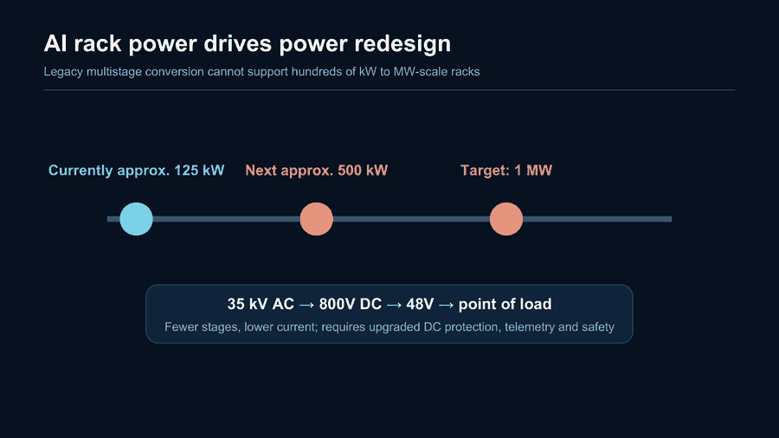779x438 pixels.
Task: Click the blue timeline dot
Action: coord(136,219)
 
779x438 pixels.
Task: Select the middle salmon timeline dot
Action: coord(317,219)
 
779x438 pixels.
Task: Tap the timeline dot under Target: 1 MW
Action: coord(506,219)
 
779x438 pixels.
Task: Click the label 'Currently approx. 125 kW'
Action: coord(136,171)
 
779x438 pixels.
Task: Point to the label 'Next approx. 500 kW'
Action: coord(317,171)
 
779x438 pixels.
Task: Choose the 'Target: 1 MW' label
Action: coord(506,171)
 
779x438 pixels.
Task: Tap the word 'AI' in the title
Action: coord(55,43)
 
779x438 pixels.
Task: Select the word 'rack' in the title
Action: coord(98,43)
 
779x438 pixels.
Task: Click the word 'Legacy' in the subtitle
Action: coord(63,72)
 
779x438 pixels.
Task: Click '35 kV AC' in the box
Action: coord(261,304)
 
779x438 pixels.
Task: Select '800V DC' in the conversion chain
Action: coord(351,304)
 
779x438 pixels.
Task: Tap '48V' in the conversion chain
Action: coord(420,304)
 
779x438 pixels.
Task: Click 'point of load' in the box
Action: coord(505,305)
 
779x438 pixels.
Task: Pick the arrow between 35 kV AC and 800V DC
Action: coord(306,305)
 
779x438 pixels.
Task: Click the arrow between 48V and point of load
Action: coord(446,305)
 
